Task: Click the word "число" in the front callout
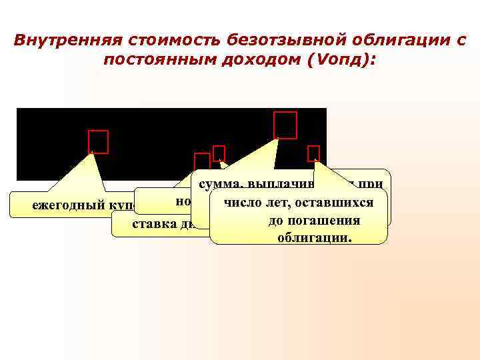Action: tap(241, 202)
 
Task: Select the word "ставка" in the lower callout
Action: tap(154, 223)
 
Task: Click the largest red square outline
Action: tap(285, 125)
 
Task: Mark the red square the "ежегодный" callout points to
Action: tap(98, 142)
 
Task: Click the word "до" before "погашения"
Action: tap(276, 221)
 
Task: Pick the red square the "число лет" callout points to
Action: tap(313, 153)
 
